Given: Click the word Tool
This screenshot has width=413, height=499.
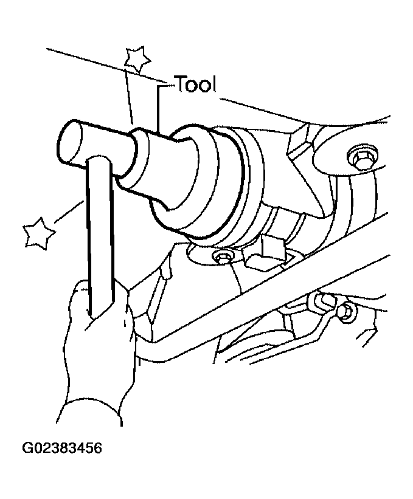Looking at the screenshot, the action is click(196, 84).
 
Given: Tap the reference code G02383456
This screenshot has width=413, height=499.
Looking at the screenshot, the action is click(62, 448).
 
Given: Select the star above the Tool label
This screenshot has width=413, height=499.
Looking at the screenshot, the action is click(137, 59).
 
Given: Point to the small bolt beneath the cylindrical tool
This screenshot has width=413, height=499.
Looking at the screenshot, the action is click(222, 256).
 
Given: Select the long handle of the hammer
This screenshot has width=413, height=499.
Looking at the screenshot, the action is click(100, 235).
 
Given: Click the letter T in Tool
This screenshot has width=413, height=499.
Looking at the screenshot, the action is click(181, 84).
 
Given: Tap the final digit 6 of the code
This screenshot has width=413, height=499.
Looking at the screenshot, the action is click(97, 448).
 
